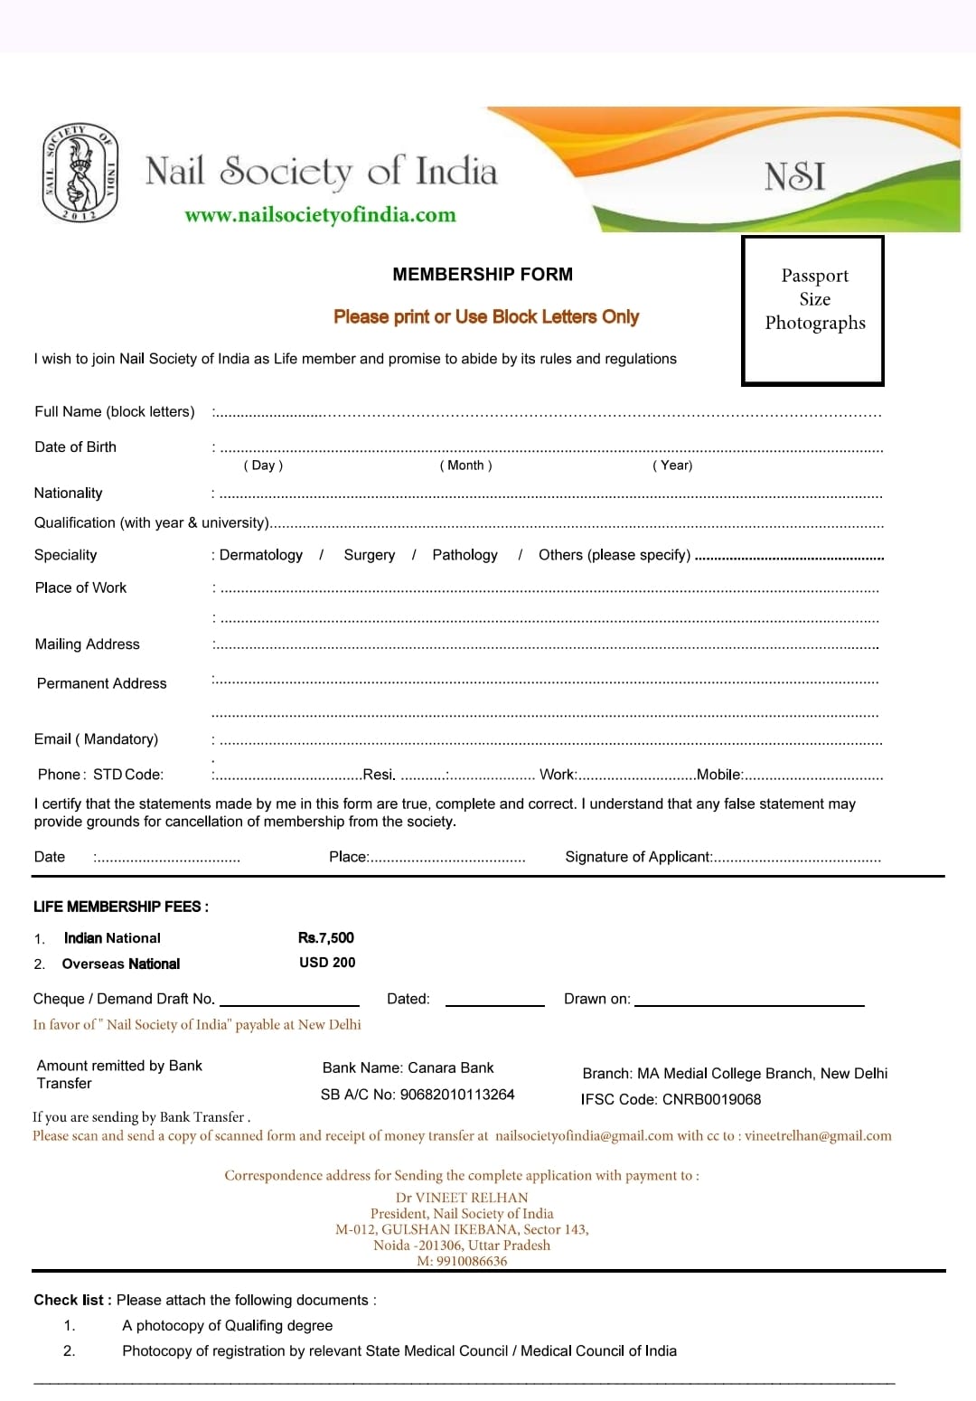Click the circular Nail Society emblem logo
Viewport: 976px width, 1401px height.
coord(80,173)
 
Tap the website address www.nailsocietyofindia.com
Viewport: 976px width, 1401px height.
coord(320,215)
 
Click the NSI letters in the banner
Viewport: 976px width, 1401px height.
coord(794,176)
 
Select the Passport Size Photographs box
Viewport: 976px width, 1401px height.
coord(812,311)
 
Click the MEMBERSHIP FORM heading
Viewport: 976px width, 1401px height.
coord(483,274)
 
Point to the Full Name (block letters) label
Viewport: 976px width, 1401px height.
coord(115,411)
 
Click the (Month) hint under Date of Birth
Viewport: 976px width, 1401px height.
coord(465,465)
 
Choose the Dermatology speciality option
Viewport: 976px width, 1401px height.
coord(261,555)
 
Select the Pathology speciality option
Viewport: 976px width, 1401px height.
coord(465,555)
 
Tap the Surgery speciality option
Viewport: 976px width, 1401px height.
coord(369,555)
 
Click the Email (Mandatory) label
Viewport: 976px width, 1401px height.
coord(96,739)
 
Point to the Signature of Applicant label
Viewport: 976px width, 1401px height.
coord(638,857)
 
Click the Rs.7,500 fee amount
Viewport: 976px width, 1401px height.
coord(326,938)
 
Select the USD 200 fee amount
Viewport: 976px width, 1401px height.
coord(327,963)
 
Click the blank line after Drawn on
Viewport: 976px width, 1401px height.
coord(749,1001)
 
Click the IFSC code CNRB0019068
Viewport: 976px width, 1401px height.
coord(711,1099)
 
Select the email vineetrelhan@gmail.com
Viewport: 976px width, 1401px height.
coord(818,1136)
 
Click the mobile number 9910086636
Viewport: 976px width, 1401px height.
coord(472,1261)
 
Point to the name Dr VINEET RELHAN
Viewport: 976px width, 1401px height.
coord(462,1198)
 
